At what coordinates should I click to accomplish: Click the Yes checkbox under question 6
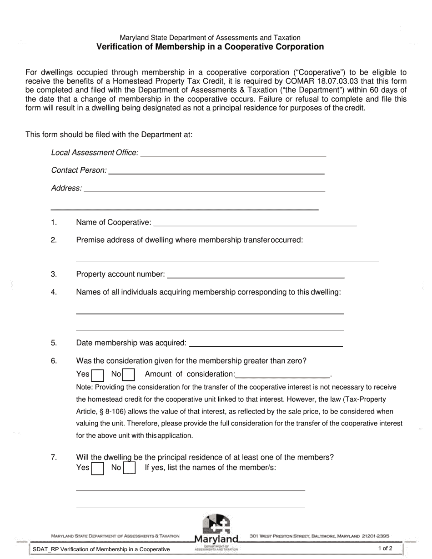(x=97, y=374)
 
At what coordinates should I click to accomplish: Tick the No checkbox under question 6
(x=129, y=374)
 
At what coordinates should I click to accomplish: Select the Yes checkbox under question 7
(x=97, y=468)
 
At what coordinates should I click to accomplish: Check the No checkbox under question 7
(x=130, y=468)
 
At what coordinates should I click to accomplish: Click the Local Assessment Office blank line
(x=233, y=154)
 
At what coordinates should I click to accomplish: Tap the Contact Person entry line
(x=216, y=171)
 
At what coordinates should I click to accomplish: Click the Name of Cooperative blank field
(x=256, y=223)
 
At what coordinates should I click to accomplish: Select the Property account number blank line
(x=256, y=275)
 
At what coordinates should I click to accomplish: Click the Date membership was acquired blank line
(x=266, y=344)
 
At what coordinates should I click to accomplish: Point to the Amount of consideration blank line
(x=283, y=375)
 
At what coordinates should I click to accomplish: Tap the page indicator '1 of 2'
(x=385, y=549)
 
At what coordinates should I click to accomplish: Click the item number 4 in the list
(x=54, y=292)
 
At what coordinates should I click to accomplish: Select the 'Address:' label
(x=66, y=188)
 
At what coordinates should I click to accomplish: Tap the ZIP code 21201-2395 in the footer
(x=375, y=536)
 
